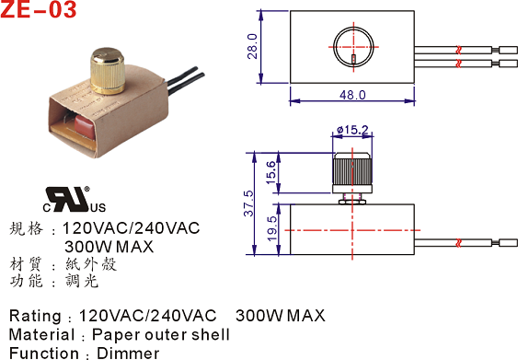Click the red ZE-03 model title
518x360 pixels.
pos(39,9)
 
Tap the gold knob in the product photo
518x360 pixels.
pos(108,71)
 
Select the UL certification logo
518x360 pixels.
pos(75,199)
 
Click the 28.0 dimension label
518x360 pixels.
pos(252,46)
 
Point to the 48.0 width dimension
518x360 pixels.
pos(352,95)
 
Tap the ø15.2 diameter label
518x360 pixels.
pos(352,130)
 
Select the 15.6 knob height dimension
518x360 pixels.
pos(271,172)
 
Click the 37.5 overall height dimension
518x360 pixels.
pos(248,203)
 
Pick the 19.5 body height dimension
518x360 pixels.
pos(271,228)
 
